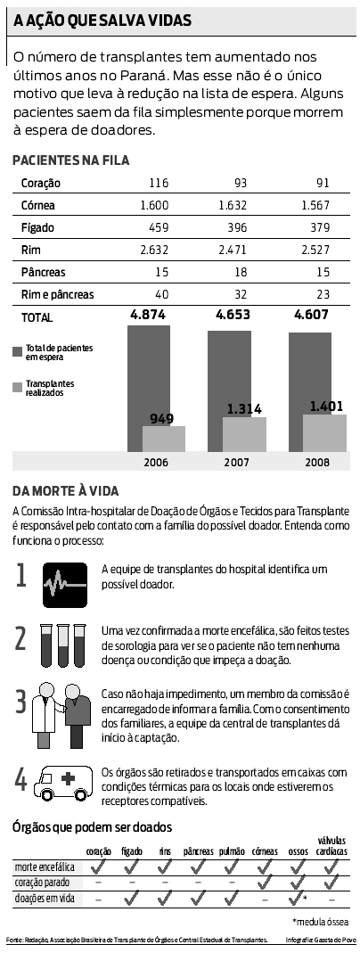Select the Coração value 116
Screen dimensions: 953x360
pyautogui.click(x=159, y=184)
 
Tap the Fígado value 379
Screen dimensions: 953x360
pyautogui.click(x=319, y=227)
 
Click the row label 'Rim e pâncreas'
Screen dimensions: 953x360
pyautogui.click(x=57, y=294)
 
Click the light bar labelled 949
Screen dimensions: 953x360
pyautogui.click(x=163, y=438)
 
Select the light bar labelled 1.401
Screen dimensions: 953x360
pyautogui.click(x=324, y=432)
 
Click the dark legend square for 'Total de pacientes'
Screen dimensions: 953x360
pyautogui.click(x=18, y=352)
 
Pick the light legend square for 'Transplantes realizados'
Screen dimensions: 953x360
pyautogui.click(x=18, y=388)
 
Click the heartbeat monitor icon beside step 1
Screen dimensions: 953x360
pyautogui.click(x=64, y=584)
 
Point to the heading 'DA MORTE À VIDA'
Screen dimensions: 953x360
pyautogui.click(x=66, y=491)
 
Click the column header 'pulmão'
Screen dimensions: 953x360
pyautogui.click(x=231, y=851)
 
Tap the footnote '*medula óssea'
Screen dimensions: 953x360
pyautogui.click(x=321, y=921)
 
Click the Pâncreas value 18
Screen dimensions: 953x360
pyautogui.click(x=239, y=272)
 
